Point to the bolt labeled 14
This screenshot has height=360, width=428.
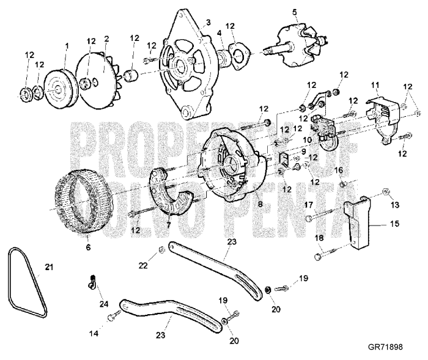click(112, 317)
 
